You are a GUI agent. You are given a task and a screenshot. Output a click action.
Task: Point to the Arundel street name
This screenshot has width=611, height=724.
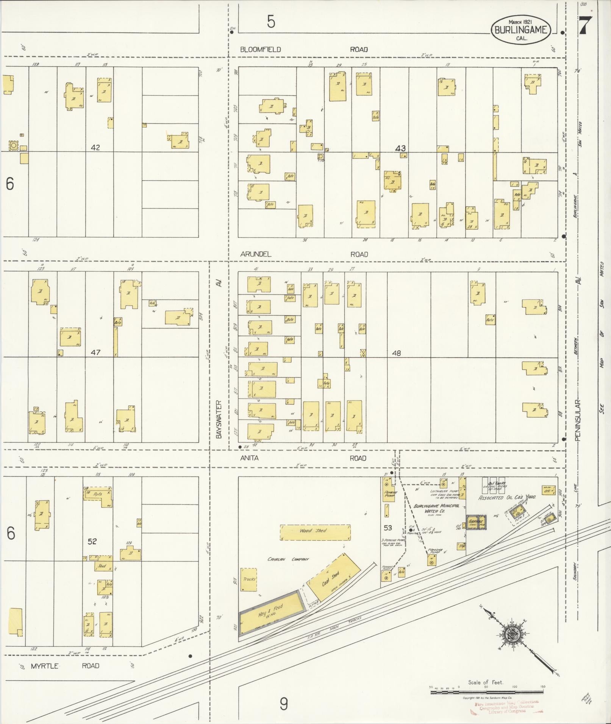pos(256,254)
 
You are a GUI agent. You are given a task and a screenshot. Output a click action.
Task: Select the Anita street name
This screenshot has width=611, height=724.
pos(249,458)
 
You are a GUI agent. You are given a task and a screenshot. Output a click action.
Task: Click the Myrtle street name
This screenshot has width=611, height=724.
pos(44,666)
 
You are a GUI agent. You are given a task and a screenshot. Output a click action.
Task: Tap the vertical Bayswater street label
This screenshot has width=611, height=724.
pos(219,420)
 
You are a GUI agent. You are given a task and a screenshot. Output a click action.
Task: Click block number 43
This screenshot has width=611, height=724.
pos(400,148)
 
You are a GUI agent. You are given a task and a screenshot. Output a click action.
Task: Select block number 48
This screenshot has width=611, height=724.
pos(396,353)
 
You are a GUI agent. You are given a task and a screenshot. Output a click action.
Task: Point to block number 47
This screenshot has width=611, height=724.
pos(95,352)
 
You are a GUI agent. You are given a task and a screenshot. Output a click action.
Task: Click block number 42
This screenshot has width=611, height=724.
pos(95,148)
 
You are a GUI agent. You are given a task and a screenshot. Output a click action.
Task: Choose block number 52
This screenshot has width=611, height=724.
pos(92,542)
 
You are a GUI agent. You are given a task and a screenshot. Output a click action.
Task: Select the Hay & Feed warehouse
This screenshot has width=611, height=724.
pos(271,618)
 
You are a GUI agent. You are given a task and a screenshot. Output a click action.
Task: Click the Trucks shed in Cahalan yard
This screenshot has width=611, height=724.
pos(248,579)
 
